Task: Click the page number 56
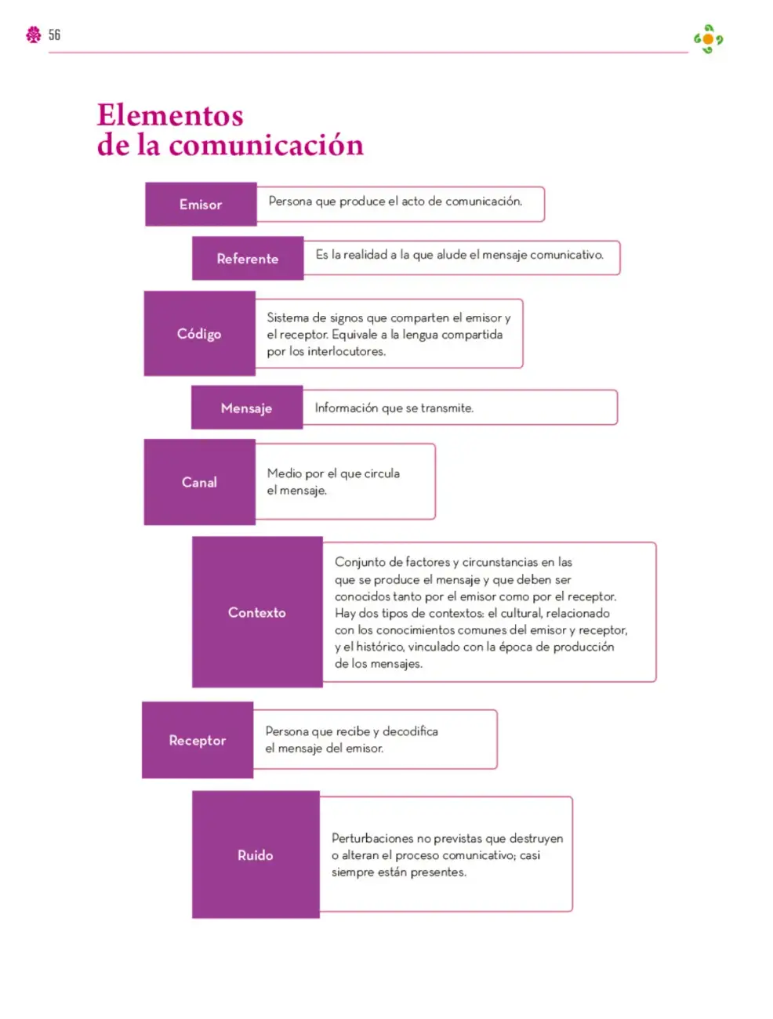click(x=54, y=34)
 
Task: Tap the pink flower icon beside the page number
click(x=34, y=34)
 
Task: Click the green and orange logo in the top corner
click(x=708, y=39)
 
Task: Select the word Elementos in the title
click(x=170, y=115)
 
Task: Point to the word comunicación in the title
click(x=266, y=145)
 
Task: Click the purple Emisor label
click(x=201, y=205)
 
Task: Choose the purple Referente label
click(x=248, y=258)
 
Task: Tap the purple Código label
click(x=200, y=333)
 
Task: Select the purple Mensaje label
click(x=247, y=408)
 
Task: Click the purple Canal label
click(x=200, y=482)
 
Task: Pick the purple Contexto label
click(x=257, y=612)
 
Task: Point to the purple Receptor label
click(x=198, y=740)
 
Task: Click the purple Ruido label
click(x=256, y=854)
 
